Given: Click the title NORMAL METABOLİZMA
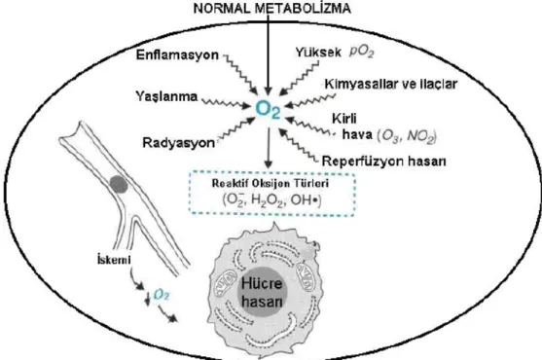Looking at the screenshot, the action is point(272,9).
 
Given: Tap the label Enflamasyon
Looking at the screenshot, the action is point(177,54).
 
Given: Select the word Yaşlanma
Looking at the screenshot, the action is point(166,96).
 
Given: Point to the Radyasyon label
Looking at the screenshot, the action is point(178,142).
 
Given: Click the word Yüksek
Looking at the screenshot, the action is point(317,52).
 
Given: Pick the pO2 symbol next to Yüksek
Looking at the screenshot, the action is point(362,53).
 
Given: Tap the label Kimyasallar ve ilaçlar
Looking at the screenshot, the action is point(391,84).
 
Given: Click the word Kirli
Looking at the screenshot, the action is point(343,119).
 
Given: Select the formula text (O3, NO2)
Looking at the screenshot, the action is point(407,136).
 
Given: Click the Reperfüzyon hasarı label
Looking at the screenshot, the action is point(383,161).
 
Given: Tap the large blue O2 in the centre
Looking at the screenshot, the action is point(268,110).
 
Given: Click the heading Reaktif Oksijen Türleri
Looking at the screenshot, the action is point(270,183).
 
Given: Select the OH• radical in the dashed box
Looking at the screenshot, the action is point(305,200).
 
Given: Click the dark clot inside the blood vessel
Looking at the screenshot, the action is point(119,184).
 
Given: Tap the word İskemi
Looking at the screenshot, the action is point(114,259).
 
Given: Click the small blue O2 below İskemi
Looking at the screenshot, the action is point(162,295).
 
